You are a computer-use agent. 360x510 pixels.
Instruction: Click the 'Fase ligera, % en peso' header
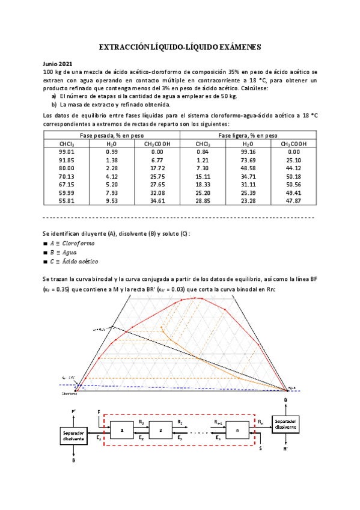[248, 135]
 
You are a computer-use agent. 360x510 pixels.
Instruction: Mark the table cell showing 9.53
[111, 200]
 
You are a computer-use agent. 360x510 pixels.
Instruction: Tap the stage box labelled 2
[160, 431]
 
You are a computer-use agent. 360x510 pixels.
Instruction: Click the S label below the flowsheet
[260, 448]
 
